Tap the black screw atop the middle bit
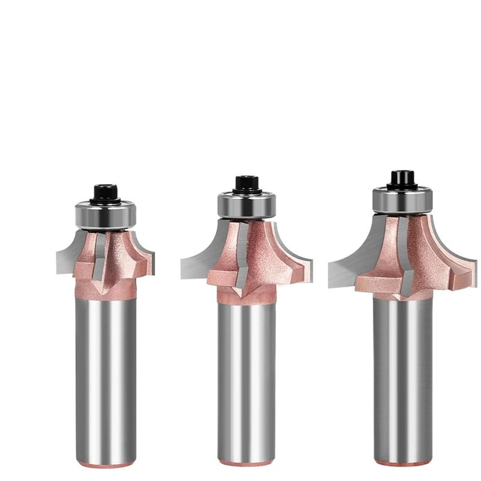point(246,183)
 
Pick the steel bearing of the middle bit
point(247,204)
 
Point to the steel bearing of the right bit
point(402,199)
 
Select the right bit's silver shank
point(402,379)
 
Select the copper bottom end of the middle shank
point(247,462)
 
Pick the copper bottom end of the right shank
point(402,462)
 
